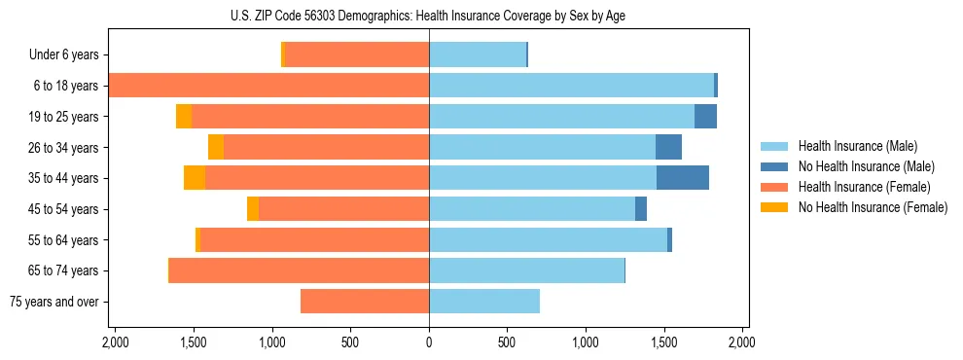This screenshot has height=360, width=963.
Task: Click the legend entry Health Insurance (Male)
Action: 857,146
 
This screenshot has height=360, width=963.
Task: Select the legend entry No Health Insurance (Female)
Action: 873,207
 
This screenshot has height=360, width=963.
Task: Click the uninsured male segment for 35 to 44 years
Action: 683,178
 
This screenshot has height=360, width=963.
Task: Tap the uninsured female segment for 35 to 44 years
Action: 195,178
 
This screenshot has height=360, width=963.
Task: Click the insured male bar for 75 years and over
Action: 484,302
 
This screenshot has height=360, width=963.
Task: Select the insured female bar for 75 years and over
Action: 365,302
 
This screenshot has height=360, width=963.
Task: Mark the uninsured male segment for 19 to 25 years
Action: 705,117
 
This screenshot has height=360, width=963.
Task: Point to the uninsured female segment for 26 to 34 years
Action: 216,147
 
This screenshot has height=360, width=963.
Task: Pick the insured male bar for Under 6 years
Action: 478,55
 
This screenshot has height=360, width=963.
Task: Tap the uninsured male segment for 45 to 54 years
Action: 641,209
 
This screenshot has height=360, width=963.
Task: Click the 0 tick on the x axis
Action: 429,343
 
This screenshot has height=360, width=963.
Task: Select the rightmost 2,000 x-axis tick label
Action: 742,343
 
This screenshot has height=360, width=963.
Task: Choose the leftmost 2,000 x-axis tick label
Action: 115,343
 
